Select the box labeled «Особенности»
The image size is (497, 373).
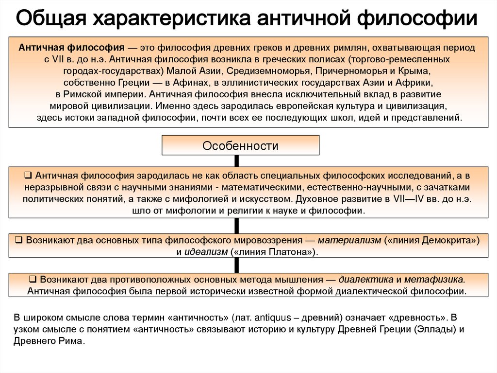click(240, 145)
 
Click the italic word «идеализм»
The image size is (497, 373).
click(207, 252)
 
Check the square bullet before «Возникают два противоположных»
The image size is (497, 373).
click(33, 280)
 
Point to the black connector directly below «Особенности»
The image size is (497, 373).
click(237, 160)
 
